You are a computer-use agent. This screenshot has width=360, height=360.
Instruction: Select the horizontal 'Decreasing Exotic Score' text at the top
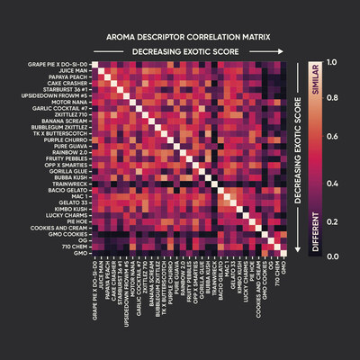(180, 53)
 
